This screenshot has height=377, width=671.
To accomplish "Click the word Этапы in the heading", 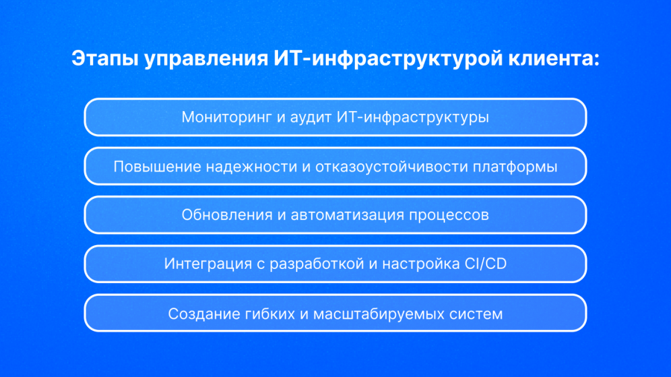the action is point(105,59).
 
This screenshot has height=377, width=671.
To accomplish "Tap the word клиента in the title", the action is point(554,59).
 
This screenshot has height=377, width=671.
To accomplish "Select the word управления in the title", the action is point(207,60).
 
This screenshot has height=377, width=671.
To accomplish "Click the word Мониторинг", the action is point(227,117).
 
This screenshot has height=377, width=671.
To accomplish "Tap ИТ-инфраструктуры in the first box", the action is point(413,118).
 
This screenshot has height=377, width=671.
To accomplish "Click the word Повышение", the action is point(157,166).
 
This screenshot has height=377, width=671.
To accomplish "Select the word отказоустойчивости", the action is point(391,167).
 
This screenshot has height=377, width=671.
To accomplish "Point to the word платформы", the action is point(514,167).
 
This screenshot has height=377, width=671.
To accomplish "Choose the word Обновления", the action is point(227,215).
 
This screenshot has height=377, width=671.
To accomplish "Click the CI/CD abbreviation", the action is point(485,264).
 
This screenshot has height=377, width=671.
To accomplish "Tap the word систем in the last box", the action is point(476,314).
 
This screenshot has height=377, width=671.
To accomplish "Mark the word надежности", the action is point(251,167).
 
